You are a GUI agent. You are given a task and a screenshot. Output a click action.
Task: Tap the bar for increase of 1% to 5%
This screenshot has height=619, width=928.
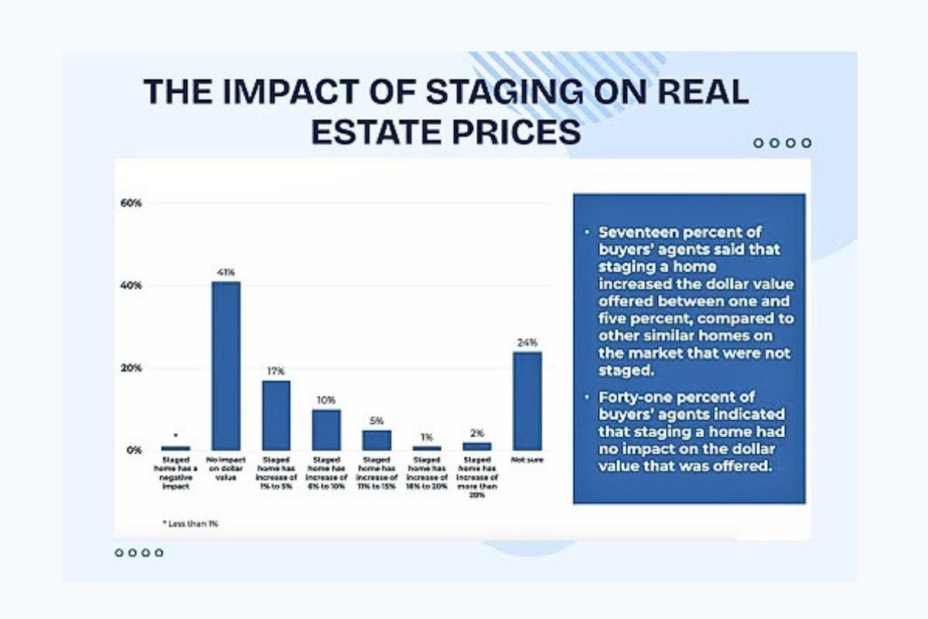coord(276,415)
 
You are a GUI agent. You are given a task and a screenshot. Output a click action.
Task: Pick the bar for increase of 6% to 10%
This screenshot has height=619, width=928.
coord(326,429)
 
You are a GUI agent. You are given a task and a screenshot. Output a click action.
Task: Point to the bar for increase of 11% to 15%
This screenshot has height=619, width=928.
coord(376,439)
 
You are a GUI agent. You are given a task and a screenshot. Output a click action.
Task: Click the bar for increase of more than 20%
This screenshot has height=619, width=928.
coord(476,446)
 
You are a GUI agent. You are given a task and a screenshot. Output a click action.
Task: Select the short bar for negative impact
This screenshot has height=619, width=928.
coord(176,448)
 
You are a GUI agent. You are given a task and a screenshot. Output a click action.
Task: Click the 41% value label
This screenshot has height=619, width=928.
coord(226,272)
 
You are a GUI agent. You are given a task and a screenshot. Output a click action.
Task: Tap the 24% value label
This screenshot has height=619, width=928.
coord(527,342)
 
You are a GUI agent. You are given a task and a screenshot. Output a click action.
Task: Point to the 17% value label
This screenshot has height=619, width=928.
coord(276,371)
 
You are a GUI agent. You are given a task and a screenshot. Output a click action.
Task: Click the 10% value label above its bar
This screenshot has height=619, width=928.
coord(326,400)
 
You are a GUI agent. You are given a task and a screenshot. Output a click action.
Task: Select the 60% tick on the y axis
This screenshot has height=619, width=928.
coord(131,203)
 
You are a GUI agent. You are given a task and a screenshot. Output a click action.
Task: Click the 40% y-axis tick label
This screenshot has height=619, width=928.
coord(131,286)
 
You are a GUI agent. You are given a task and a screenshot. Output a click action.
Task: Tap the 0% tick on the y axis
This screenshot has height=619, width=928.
coord(135,450)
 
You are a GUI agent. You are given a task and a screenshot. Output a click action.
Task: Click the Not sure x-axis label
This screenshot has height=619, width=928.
coord(527,462)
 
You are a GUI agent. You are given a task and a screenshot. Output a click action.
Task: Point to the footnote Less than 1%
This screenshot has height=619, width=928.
coord(190,524)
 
